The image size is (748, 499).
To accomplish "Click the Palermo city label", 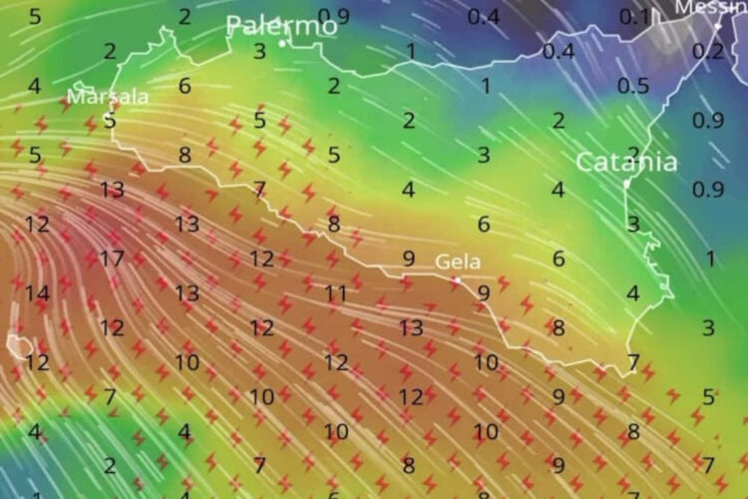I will [281, 25].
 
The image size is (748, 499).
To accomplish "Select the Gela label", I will [458, 262].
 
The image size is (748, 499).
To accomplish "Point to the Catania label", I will [626, 162].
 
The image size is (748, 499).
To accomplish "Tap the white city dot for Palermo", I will [282, 43].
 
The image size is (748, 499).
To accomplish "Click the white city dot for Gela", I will [457, 280].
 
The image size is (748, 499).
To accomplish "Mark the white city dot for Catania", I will [626, 185].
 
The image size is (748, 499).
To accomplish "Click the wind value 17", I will [112, 258].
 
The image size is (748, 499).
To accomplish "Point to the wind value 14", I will [37, 293].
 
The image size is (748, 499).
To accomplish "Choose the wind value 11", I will [335, 293].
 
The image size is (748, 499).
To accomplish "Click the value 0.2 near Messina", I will [708, 52].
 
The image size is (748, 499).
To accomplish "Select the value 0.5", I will [632, 86].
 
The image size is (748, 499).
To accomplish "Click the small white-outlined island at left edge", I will [18, 345].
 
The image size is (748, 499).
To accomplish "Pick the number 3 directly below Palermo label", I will [259, 51].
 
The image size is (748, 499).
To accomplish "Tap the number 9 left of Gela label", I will [408, 258].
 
